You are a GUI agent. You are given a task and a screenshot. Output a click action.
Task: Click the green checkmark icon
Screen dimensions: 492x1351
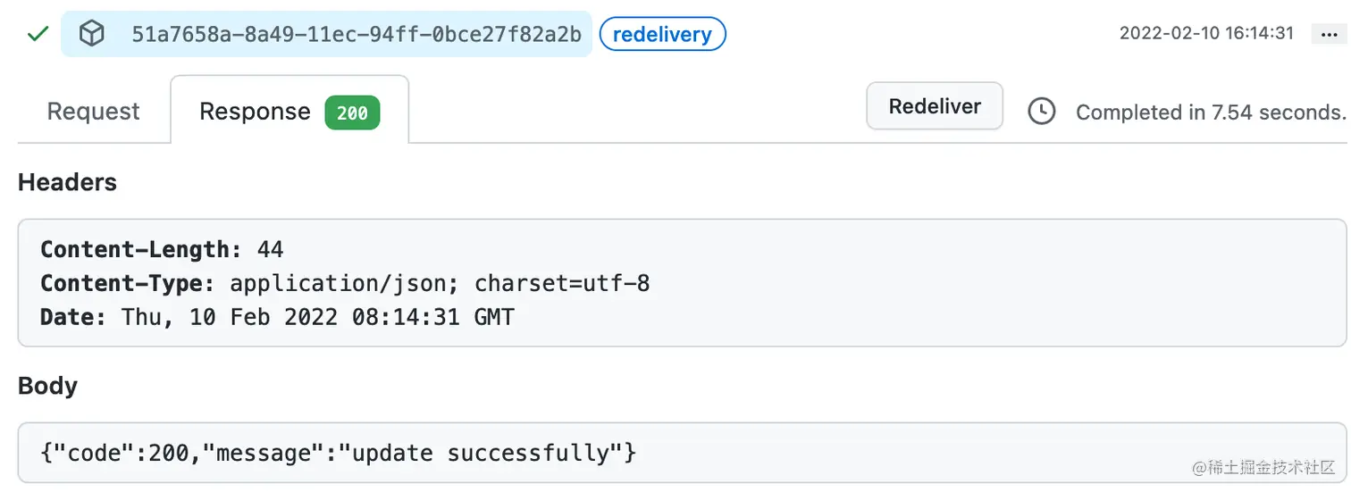pos(38,34)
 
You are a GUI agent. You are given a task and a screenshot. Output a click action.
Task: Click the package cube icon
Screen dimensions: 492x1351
pos(91,34)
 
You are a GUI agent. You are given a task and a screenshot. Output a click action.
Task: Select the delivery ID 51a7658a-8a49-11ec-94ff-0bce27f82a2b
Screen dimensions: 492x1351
pos(357,35)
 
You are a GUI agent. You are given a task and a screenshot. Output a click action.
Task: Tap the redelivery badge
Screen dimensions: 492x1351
pos(662,35)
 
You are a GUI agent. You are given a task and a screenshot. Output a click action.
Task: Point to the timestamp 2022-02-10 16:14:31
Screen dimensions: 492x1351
pos(1206,33)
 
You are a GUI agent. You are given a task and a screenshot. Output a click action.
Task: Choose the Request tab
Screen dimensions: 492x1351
pos(93,112)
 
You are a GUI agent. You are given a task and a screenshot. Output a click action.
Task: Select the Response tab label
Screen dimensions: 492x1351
pos(255,112)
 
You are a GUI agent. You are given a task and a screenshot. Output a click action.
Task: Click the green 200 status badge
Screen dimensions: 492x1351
pos(352,113)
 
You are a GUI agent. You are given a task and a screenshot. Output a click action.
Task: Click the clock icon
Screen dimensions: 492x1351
pos(1041,112)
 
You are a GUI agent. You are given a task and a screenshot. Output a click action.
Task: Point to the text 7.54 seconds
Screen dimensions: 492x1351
pos(1278,113)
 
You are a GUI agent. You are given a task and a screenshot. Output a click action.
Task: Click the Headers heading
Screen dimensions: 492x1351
pos(67,182)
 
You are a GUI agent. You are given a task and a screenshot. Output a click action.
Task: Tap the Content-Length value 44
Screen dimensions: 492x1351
pos(270,249)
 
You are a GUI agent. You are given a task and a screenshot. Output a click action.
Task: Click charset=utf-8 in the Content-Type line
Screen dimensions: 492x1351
pos(562,283)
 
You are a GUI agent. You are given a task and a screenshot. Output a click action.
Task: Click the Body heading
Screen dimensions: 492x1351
pos(47,386)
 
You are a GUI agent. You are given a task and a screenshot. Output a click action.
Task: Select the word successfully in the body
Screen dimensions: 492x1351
pos(528,453)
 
